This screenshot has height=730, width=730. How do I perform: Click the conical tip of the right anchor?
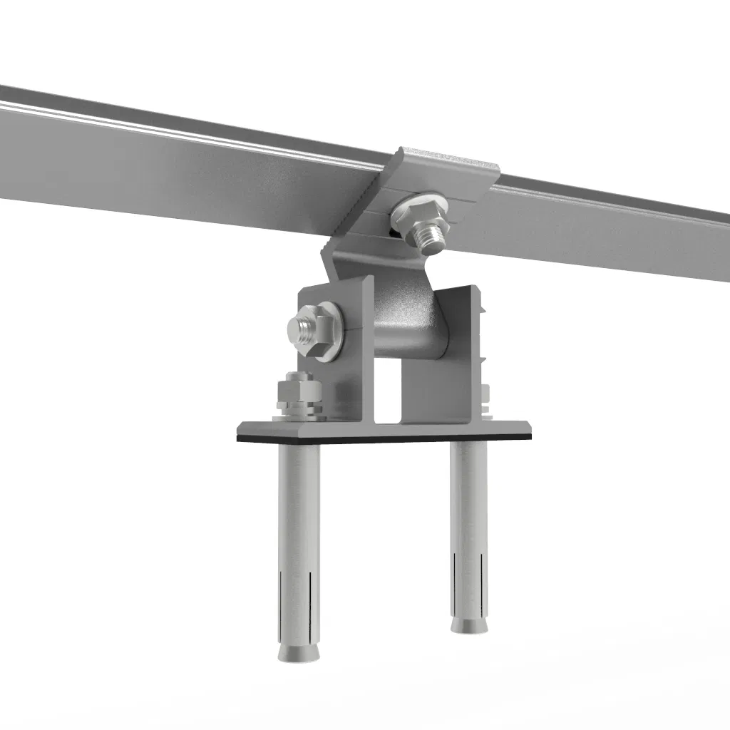(x=468, y=624)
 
